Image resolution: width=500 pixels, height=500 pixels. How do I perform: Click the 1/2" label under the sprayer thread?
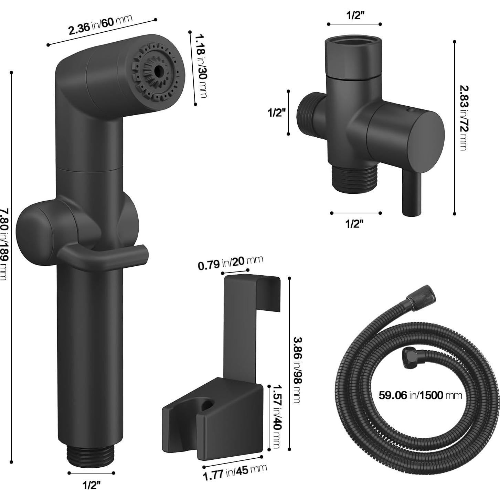tap(92, 485)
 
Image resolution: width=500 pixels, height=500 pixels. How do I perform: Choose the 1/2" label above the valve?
tap(355, 15)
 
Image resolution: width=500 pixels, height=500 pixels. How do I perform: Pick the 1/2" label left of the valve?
tap(277, 113)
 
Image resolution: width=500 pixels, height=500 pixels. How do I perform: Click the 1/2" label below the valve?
tap(354, 224)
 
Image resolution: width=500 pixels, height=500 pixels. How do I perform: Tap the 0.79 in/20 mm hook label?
tap(230, 263)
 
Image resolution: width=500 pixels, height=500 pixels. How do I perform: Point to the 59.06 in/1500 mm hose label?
tap(420, 395)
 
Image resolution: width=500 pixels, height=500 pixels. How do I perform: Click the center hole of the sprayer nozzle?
tap(159, 70)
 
